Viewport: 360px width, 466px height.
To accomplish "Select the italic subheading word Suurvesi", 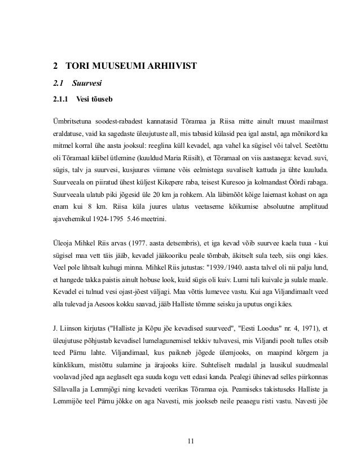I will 78,85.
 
